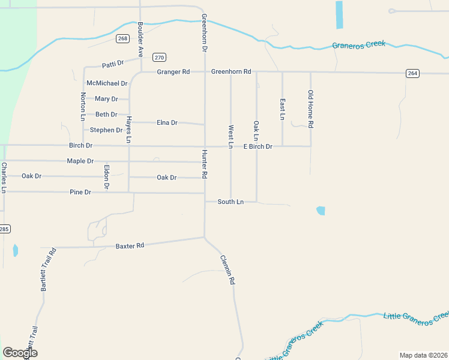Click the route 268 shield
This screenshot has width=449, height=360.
click(x=122, y=38)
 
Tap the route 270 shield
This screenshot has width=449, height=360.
click(x=159, y=58)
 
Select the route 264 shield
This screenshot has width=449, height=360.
click(x=412, y=73)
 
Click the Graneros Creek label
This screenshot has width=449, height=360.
click(x=359, y=44)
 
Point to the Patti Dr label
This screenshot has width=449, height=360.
click(x=112, y=63)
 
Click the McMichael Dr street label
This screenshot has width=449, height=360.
click(x=107, y=83)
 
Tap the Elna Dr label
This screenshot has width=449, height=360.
click(x=167, y=122)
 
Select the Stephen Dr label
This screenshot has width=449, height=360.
click(x=106, y=130)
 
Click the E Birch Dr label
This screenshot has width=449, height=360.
click(x=258, y=146)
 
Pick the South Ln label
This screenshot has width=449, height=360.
click(x=231, y=202)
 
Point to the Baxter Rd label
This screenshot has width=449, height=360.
click(x=130, y=246)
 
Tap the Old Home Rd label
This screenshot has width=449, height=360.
click(x=310, y=109)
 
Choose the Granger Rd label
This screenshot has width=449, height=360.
click(x=173, y=72)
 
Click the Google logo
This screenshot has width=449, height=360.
click(x=20, y=353)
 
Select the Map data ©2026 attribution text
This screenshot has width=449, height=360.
click(x=423, y=355)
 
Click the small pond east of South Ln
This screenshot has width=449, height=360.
click(x=321, y=211)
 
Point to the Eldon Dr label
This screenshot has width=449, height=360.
click(x=106, y=177)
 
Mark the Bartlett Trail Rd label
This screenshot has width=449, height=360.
click(x=48, y=269)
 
